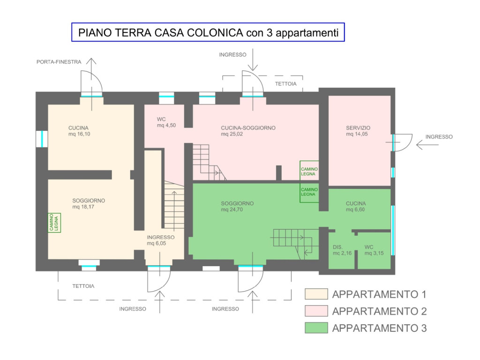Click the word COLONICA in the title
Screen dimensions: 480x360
(215, 32)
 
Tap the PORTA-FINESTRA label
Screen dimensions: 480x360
(59, 62)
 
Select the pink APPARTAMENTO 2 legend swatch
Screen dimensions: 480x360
(316, 311)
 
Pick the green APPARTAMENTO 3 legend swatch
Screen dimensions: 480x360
(316, 328)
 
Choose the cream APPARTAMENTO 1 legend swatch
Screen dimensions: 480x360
(316, 294)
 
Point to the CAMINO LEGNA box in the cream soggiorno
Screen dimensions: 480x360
(54, 223)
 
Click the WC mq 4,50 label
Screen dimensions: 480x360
(166, 122)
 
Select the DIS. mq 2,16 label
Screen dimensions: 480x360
(342, 250)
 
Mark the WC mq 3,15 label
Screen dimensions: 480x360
(374, 250)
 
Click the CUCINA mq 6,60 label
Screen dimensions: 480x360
(356, 206)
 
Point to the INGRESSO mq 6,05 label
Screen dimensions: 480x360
(160, 240)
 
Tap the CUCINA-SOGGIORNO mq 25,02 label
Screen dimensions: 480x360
(248, 131)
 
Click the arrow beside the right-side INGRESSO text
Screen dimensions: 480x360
(427, 144)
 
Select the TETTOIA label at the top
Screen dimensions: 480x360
(285, 83)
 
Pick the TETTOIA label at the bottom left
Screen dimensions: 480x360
(83, 286)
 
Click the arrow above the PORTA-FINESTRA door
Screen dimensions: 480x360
(91, 84)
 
